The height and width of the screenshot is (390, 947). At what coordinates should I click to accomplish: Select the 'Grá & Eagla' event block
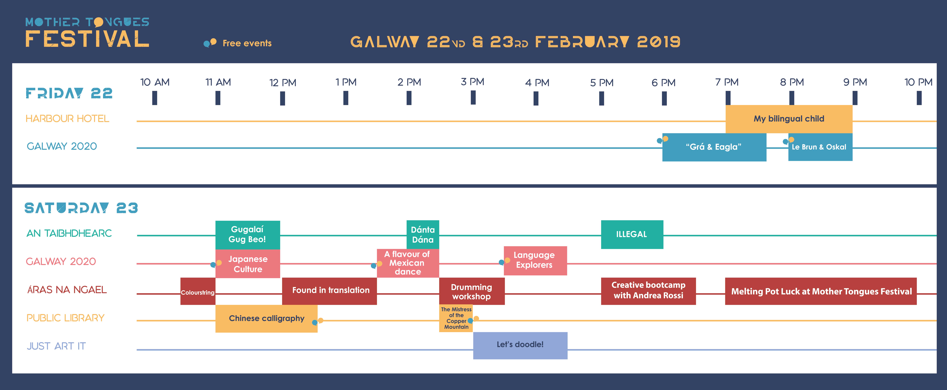pyautogui.click(x=714, y=147)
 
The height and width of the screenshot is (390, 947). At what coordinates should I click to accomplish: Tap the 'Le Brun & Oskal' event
pyautogui.click(x=820, y=147)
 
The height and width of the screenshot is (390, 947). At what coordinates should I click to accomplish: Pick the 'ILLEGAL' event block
pyautogui.click(x=632, y=235)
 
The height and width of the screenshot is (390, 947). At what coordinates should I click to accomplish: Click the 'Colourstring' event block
pyautogui.click(x=198, y=291)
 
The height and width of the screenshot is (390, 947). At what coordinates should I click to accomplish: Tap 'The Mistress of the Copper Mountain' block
pyautogui.click(x=456, y=318)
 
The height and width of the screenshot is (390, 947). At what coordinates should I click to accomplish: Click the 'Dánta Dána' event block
pyautogui.click(x=423, y=235)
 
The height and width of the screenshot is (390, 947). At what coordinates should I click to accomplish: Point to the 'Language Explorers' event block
pyautogui.click(x=535, y=261)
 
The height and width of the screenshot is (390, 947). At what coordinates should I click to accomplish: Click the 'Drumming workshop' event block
pyautogui.click(x=472, y=291)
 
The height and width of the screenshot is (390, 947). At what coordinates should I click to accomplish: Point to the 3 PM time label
pyautogui.click(x=473, y=82)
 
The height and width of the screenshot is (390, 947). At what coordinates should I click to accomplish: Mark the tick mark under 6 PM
pyautogui.click(x=664, y=98)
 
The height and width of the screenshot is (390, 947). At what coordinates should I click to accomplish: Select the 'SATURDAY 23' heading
pyautogui.click(x=81, y=208)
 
